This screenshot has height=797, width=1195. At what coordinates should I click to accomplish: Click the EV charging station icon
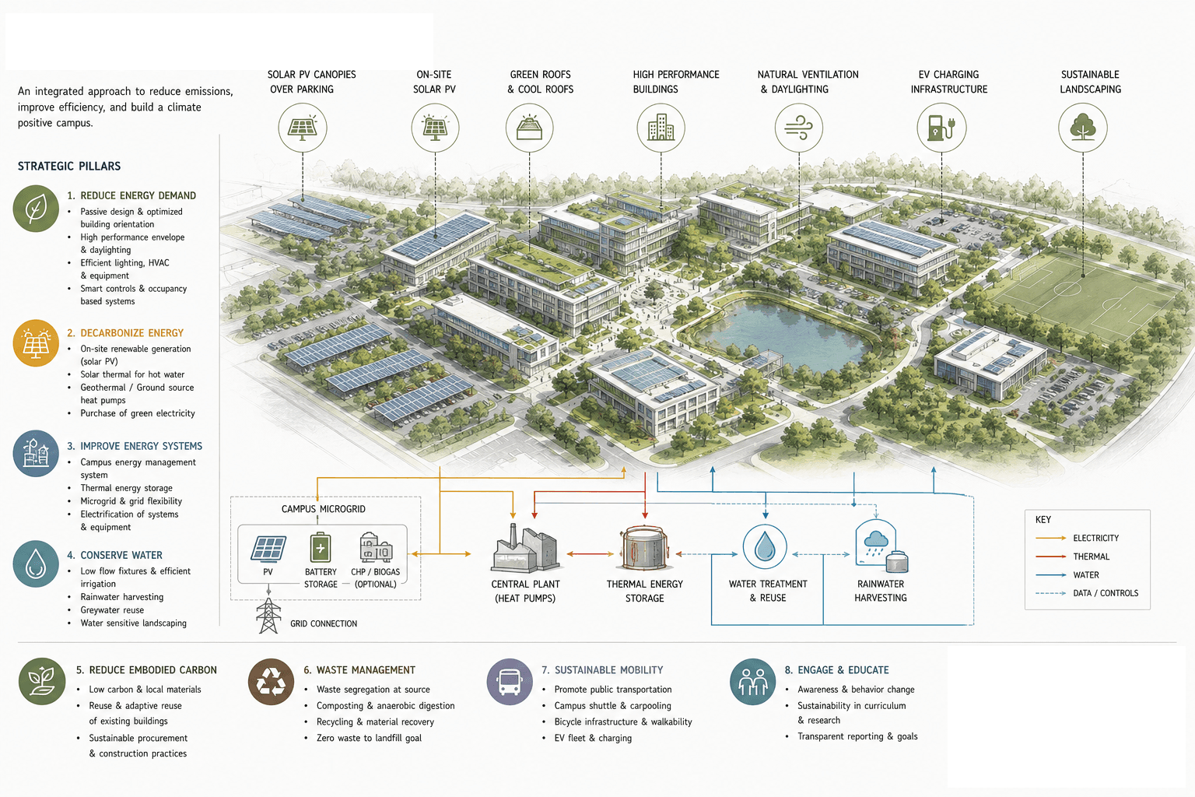(941, 128)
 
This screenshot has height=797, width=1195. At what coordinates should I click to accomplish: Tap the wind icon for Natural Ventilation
(799, 128)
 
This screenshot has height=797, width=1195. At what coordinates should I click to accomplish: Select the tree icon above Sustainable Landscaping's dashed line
(1083, 128)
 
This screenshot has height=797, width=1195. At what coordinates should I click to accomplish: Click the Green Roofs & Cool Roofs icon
(529, 128)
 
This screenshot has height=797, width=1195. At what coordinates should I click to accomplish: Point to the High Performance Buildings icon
(661, 128)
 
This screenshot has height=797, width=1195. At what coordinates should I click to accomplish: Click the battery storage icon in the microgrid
(321, 547)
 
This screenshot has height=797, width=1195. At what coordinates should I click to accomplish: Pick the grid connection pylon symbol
(268, 616)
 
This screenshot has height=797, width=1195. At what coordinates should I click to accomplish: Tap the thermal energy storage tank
(644, 549)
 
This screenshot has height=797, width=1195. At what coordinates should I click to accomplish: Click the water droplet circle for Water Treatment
(765, 546)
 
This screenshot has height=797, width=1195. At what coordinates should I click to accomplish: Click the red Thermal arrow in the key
(1050, 556)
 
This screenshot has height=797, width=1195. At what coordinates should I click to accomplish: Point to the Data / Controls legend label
(1106, 593)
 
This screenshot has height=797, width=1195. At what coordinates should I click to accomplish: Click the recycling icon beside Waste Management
(271, 682)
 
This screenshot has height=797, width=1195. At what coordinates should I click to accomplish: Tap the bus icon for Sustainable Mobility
(510, 682)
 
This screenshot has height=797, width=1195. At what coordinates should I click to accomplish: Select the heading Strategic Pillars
(68, 166)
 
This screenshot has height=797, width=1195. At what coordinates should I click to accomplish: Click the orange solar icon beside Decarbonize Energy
(36, 342)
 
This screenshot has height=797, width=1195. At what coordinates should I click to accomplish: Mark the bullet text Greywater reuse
(112, 609)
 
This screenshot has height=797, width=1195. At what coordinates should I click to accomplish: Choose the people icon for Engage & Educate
(753, 682)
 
